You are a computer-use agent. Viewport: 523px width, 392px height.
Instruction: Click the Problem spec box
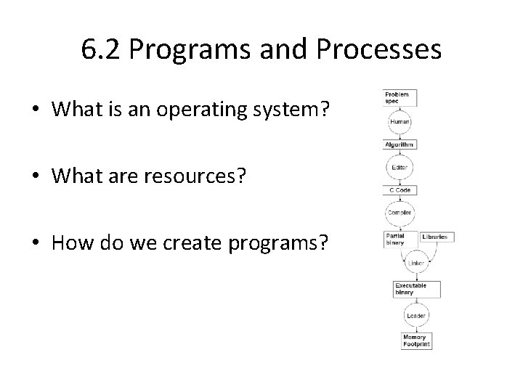[x=398, y=97]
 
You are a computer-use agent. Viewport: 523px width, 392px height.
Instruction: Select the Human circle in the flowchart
[x=400, y=122]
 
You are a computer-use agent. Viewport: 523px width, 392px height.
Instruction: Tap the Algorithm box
[x=400, y=144]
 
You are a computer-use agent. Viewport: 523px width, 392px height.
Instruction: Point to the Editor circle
[x=400, y=168]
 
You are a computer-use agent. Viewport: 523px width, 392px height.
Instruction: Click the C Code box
[x=400, y=190]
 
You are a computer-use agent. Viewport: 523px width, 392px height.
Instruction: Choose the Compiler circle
[x=400, y=213]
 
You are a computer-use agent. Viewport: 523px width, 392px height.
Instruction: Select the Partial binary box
[x=400, y=240]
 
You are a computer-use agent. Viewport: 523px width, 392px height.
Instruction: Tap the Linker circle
[x=416, y=263]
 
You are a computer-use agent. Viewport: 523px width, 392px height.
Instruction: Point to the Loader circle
[x=416, y=316]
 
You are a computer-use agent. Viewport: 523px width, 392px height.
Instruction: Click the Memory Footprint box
[x=417, y=340]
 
